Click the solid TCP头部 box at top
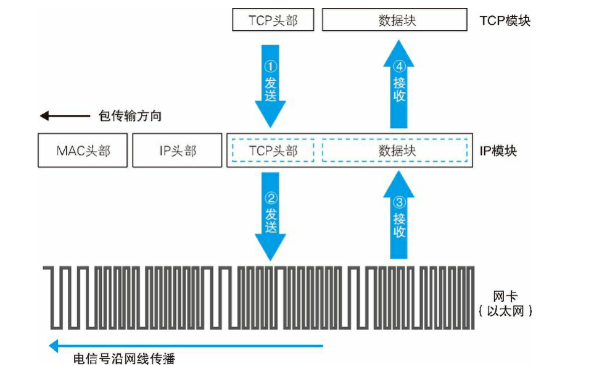[x=273, y=20]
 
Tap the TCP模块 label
[x=505, y=20]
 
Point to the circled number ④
[x=399, y=66]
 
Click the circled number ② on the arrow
[x=271, y=199]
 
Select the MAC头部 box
[x=83, y=151]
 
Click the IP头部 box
[x=176, y=151]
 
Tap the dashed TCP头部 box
[x=273, y=151]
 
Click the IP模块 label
[x=498, y=151]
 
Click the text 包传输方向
[x=130, y=116]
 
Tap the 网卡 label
[x=505, y=296]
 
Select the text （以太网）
[x=505, y=310]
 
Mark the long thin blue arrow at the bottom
[x=185, y=346]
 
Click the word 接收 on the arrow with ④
[x=399, y=90]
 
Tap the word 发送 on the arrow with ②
[x=271, y=220]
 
